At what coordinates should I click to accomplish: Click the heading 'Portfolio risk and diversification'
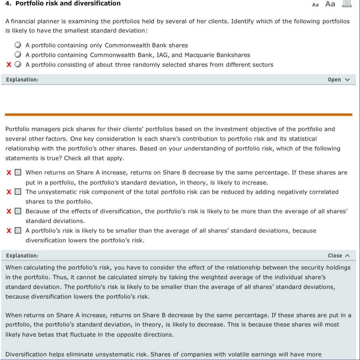click(68, 3)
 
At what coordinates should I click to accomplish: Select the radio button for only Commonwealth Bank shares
click(18, 45)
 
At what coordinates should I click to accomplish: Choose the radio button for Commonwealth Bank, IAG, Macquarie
click(18, 55)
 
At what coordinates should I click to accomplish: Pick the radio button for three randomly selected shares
click(18, 65)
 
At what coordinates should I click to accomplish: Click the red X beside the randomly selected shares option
click(9, 65)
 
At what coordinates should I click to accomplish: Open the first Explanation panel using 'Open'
click(339, 79)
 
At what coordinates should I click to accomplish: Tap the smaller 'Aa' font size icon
click(315, 5)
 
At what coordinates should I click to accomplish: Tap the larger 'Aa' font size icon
click(330, 4)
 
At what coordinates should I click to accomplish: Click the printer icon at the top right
click(346, 4)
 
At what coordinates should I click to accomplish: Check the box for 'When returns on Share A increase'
click(18, 172)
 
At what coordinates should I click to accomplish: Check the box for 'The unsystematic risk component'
click(18, 192)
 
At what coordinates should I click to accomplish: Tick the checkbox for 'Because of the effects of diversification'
click(18, 211)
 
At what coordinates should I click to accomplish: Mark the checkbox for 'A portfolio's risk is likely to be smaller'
click(18, 231)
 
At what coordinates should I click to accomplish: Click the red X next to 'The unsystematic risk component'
click(9, 192)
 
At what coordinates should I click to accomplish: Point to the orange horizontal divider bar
click(178, 114)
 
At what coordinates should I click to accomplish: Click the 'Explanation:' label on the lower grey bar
click(22, 255)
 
